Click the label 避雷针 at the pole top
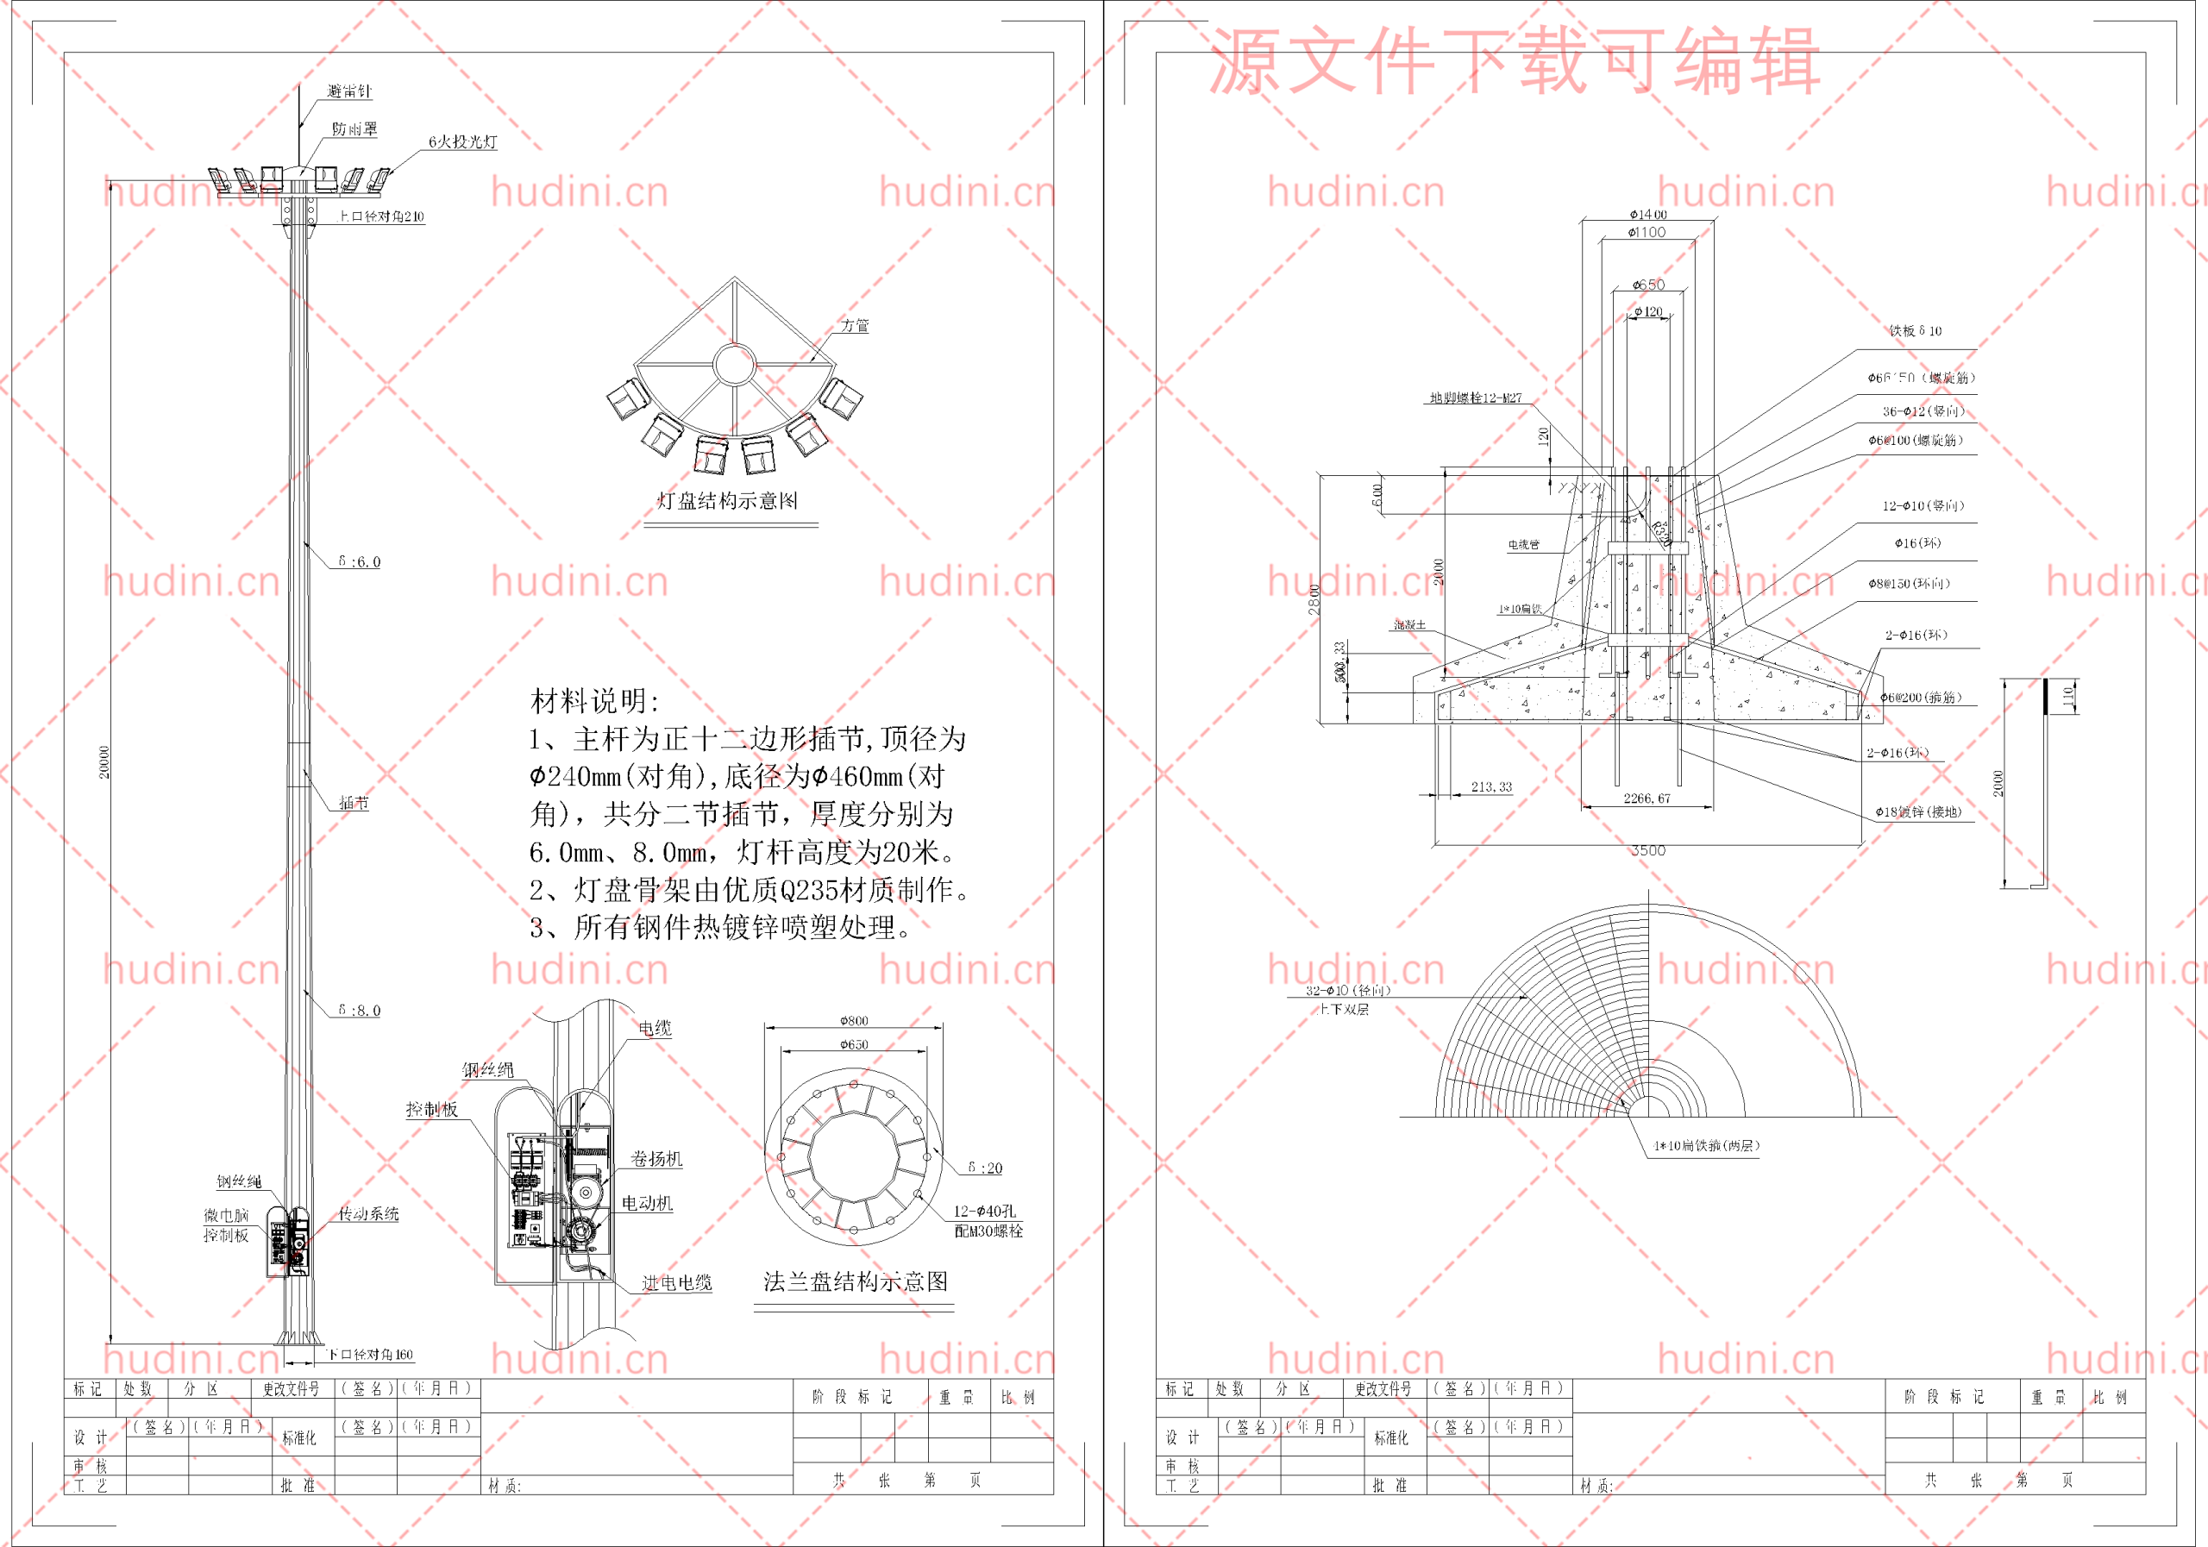[349, 91]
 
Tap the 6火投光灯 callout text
[462, 142]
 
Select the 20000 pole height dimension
[103, 761]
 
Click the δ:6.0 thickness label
[359, 561]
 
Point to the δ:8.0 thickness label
[359, 1011]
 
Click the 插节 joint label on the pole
[354, 803]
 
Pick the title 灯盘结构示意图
[727, 501]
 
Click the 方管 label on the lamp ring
[855, 326]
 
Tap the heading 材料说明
[595, 701]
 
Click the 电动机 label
[646, 1203]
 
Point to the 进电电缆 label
[677, 1282]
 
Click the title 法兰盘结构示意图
[855, 1281]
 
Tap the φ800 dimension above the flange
[854, 1020]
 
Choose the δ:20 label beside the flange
[985, 1168]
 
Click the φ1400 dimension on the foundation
[1647, 214]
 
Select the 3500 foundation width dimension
[1647, 851]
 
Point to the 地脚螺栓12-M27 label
[1475, 398]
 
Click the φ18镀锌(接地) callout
[1917, 812]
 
